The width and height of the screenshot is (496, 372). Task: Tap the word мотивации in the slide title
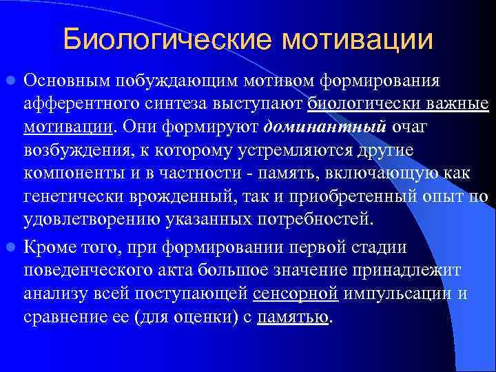[357, 39]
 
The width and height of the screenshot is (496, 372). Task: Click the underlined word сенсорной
[296, 293]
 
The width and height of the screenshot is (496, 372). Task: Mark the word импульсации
[397, 293]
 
